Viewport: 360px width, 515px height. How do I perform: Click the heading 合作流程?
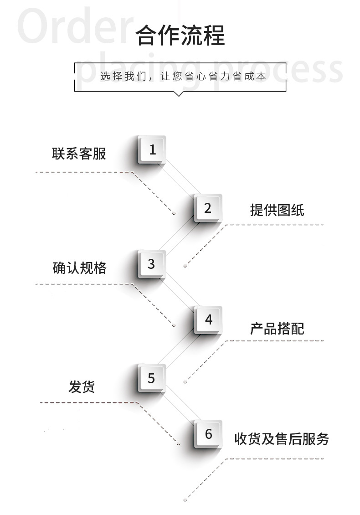[180, 36]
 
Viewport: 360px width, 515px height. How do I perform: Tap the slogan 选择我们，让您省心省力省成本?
[183, 76]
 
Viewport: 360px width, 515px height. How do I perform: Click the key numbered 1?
[152, 149]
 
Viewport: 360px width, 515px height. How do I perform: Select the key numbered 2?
[208, 208]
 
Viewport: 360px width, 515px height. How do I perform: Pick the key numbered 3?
[151, 264]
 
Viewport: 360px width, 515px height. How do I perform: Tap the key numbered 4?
[208, 320]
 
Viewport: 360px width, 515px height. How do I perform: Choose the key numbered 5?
[151, 378]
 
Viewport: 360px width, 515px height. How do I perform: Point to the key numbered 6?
[208, 434]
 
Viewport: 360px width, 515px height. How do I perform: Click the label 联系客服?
[79, 154]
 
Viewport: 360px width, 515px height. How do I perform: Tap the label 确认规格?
[79, 268]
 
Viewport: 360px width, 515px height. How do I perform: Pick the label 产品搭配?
[277, 328]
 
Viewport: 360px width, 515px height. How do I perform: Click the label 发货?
[82, 387]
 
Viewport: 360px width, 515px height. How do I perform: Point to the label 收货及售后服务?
[281, 438]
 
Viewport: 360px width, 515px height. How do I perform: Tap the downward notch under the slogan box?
[179, 94]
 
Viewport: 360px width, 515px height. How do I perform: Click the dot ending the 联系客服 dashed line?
[174, 213]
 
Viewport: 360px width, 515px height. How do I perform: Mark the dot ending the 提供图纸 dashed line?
[185, 266]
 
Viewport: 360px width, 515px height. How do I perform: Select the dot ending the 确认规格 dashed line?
[174, 325]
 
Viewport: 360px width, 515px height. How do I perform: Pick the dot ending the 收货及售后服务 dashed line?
[185, 500]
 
